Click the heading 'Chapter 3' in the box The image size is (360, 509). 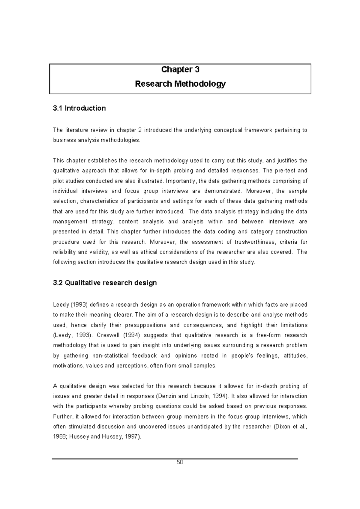(x=180, y=70)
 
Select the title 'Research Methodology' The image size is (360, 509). (x=180, y=84)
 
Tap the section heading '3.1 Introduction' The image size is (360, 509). (x=79, y=108)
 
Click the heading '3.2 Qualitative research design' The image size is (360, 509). (x=105, y=283)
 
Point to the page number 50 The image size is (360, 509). (x=180, y=462)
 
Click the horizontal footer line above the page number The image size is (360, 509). (x=175, y=459)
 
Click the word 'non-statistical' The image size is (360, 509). (x=110, y=356)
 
